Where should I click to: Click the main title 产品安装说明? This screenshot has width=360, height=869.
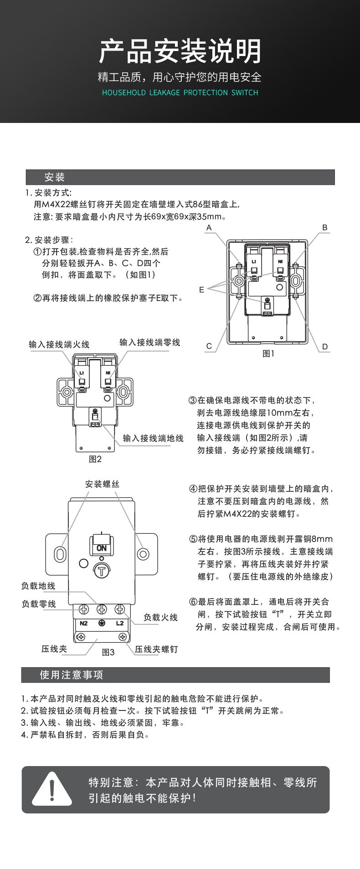[x=180, y=51]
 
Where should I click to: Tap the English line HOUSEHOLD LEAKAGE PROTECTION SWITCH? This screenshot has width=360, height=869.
[x=180, y=92]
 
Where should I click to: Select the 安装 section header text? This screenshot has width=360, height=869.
[x=55, y=177]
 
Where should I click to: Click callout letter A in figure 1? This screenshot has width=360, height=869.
[x=209, y=227]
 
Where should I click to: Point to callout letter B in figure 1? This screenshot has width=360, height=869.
[x=325, y=227]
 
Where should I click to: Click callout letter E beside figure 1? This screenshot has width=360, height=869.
[x=201, y=290]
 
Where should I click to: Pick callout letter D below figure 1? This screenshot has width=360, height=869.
[x=325, y=347]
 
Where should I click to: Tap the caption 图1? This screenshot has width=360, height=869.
[x=269, y=353]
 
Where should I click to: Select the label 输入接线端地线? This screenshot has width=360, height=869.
[x=153, y=438]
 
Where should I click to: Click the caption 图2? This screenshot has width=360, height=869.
[x=95, y=459]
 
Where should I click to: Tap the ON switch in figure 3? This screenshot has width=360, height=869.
[x=102, y=548]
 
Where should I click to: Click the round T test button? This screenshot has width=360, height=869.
[x=102, y=570]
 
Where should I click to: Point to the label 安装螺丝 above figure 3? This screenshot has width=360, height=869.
[x=102, y=484]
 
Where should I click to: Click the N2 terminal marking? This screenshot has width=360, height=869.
[x=84, y=623]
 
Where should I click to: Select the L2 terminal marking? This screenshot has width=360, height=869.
[x=120, y=623]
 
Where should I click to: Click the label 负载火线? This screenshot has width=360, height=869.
[x=160, y=618]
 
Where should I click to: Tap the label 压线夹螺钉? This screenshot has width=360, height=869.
[x=156, y=649]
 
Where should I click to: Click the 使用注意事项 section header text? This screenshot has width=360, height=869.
[x=72, y=675]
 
